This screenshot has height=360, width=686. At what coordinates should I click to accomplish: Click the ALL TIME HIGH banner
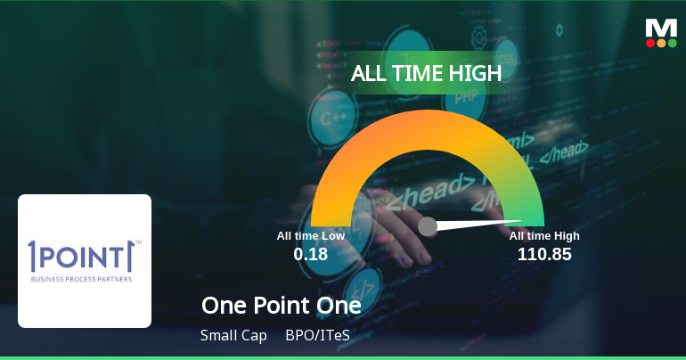pos(427,73)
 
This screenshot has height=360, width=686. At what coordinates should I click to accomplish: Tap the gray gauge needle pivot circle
pos(428,226)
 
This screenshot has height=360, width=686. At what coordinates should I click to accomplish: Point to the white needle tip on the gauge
pos(519,221)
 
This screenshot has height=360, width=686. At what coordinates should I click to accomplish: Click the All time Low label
pos(310,235)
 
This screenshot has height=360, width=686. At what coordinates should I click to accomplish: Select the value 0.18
pos(310,254)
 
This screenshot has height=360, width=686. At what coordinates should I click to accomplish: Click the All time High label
pos(544,235)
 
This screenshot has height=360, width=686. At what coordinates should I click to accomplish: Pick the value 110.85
pos(544,254)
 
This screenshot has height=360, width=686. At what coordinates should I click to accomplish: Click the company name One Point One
pos(282,306)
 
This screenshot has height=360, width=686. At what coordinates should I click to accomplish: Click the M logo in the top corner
pos(661,27)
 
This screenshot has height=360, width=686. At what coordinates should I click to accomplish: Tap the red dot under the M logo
pos(650,42)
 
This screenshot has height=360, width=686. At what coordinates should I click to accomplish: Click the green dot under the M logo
pos(672,42)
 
